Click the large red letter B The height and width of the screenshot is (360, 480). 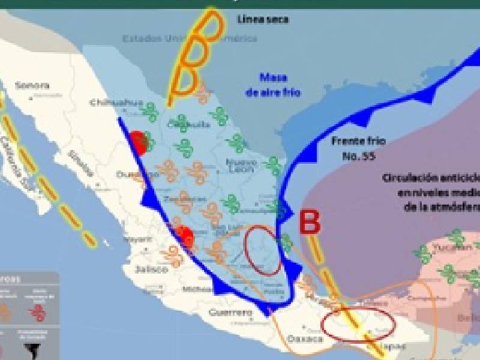coord(310,221)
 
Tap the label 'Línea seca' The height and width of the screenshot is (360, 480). coord(263,19)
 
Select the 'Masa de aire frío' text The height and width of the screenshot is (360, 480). coord(273,85)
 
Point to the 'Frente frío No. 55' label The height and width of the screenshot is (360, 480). coord(358,149)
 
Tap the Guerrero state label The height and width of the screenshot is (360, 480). coord(230,313)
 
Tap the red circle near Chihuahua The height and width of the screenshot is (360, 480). coord(139,143)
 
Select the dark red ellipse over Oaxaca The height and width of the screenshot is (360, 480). coord(358,325)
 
